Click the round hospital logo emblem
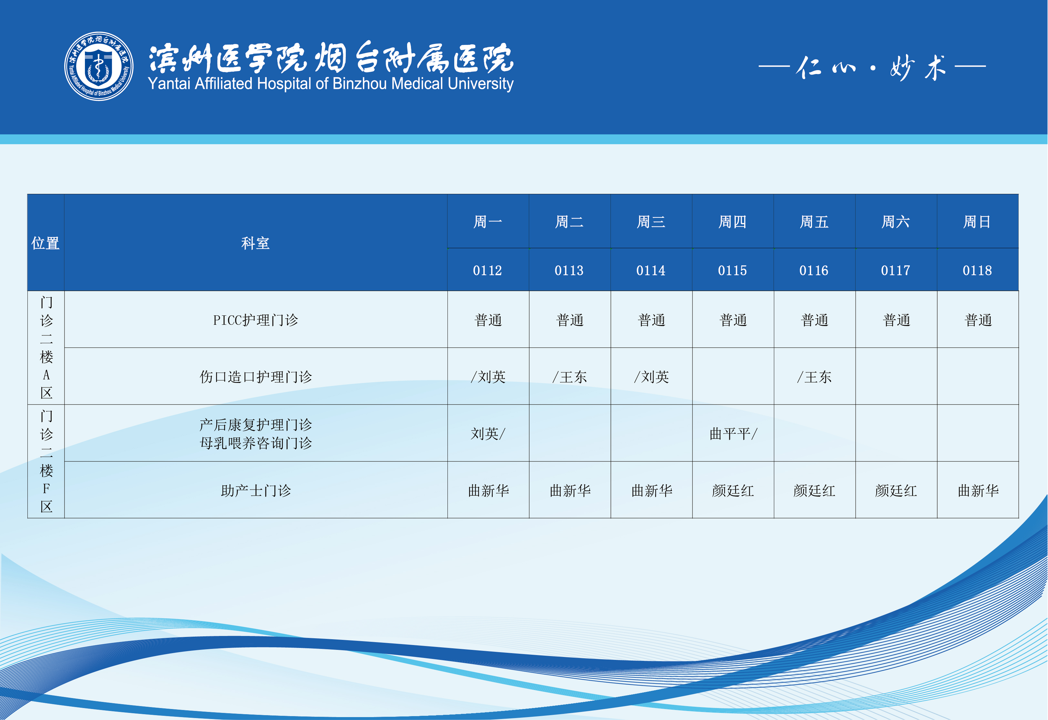click(x=99, y=66)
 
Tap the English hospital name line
click(x=331, y=84)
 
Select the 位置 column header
click(x=46, y=243)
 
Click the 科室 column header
click(x=255, y=243)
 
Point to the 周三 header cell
click(x=651, y=222)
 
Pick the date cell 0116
click(x=814, y=270)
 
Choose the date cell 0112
click(x=488, y=270)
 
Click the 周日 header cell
click(x=977, y=222)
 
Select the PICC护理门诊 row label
click(x=256, y=320)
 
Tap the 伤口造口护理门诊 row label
click(x=256, y=376)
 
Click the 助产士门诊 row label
click(x=256, y=490)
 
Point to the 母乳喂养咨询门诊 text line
click(x=256, y=443)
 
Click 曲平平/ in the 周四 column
click(x=733, y=434)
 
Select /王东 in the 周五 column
click(x=814, y=376)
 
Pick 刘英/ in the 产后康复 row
click(x=488, y=434)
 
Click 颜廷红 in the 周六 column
click(x=896, y=490)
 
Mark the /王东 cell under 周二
click(x=570, y=376)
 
